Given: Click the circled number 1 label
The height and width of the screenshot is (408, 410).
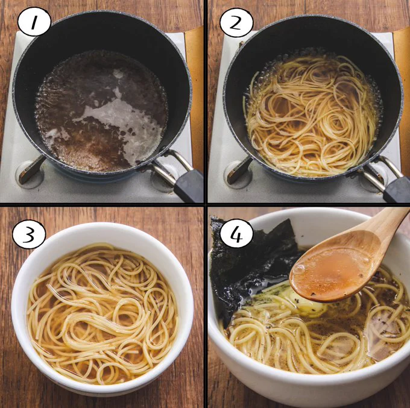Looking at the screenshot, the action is click(34, 22).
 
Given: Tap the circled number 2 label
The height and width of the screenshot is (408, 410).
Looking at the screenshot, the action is click(236, 23).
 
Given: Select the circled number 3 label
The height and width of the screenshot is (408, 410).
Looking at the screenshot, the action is click(29, 234).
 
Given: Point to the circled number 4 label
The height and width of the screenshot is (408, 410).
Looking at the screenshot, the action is click(236, 233).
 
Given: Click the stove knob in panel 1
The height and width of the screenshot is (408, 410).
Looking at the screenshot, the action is click(31, 171).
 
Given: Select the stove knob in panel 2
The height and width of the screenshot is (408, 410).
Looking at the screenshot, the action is click(239, 171).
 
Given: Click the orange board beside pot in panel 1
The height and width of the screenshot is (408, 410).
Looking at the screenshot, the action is click(195, 94).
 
